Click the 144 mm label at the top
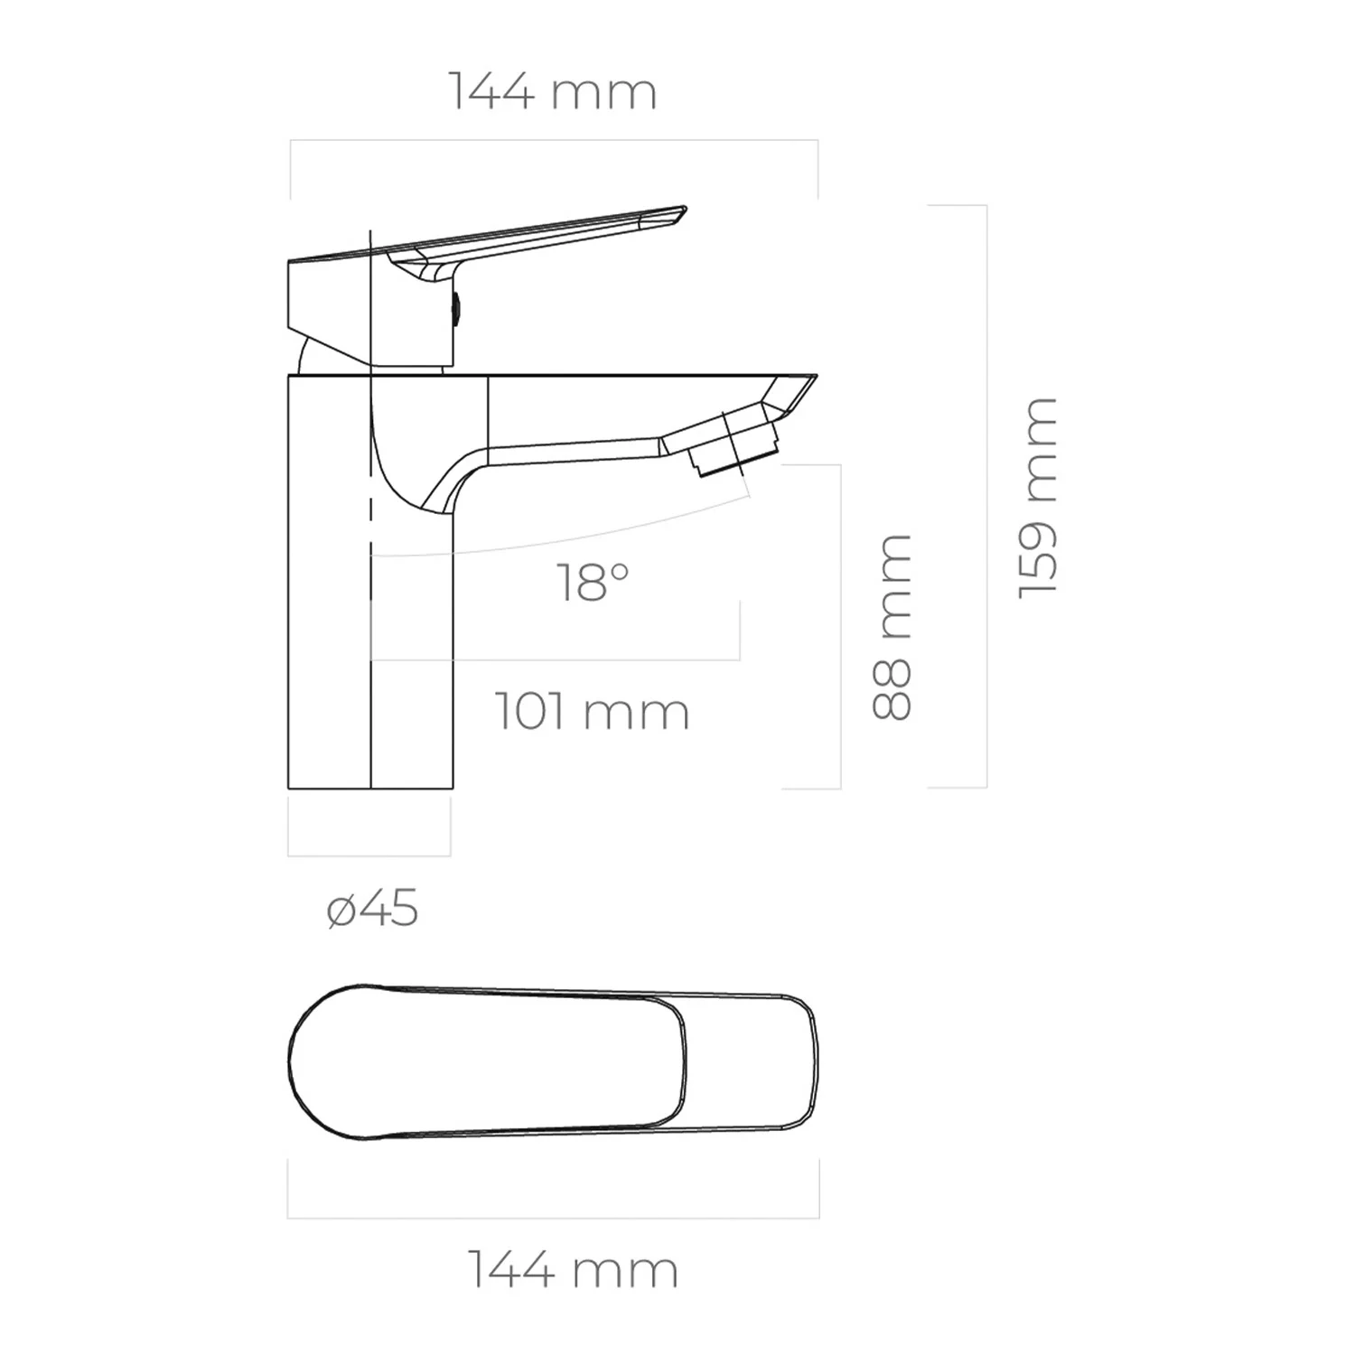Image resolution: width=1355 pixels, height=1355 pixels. [553, 92]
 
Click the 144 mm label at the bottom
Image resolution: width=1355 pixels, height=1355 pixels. [573, 1269]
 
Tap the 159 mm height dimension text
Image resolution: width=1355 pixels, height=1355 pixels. [1038, 497]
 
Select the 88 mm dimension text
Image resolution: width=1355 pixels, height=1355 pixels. [892, 627]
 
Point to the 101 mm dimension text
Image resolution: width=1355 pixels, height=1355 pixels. [593, 711]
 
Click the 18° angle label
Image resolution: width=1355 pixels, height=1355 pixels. [593, 582]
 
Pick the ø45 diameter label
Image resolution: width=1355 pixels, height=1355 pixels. [372, 908]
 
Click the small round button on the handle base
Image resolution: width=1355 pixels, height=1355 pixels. [457, 309]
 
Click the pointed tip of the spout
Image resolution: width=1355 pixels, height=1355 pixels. [816, 376]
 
